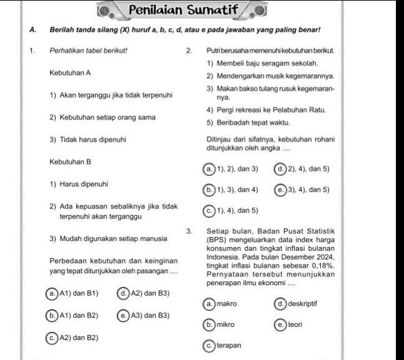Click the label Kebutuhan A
click(71, 73)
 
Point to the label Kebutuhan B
click(71, 162)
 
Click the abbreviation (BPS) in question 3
click(217, 240)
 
